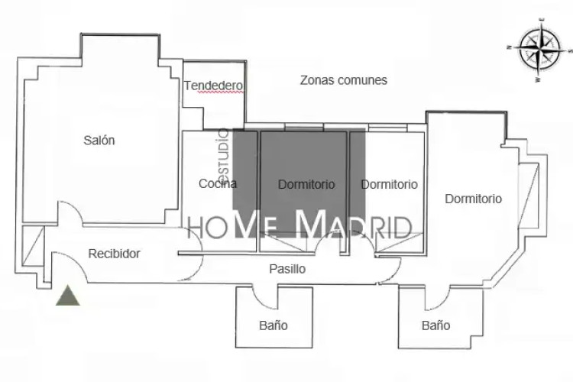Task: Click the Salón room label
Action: coord(99,140)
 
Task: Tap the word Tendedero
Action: coord(213,86)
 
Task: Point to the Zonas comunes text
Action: coord(344,80)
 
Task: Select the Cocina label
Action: coord(218,183)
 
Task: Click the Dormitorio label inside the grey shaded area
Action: coord(306,184)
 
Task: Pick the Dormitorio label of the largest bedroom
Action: coord(473,199)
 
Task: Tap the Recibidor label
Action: coord(114,254)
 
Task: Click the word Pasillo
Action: coord(287,269)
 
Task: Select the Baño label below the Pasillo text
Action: coord(274,325)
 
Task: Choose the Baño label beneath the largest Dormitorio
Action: coord(435,325)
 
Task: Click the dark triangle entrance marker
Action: coord(67,296)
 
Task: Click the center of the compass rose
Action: coord(539,49)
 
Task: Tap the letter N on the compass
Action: coord(509,47)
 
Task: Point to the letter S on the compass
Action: coord(571,51)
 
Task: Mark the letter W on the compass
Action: coord(538,79)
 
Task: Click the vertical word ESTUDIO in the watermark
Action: coord(224,152)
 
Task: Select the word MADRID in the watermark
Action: coord(354,223)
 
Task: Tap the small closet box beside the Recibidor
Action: coord(34,246)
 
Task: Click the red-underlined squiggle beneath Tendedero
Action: coord(221,92)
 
